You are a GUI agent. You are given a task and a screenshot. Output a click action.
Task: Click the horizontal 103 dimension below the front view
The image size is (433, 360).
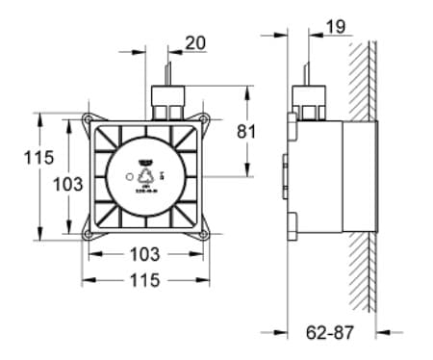143,255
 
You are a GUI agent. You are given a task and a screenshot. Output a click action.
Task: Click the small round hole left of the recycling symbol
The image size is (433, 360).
127,176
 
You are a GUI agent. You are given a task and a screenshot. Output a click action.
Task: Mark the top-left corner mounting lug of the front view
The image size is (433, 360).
89,120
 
